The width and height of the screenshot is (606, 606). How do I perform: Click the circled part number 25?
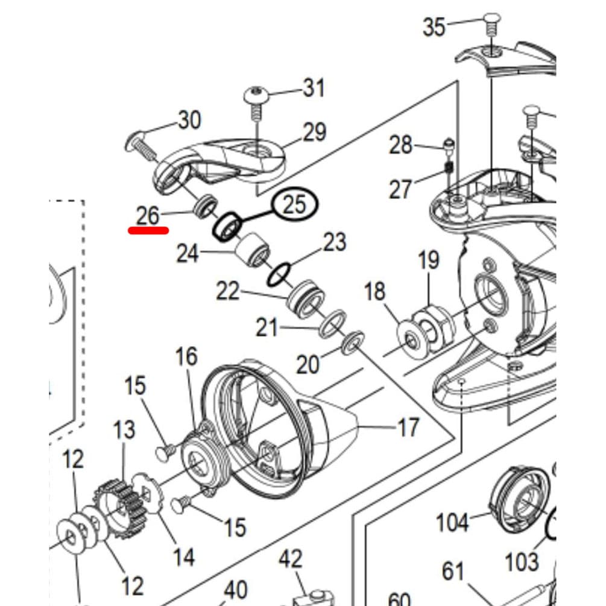(x=295, y=205)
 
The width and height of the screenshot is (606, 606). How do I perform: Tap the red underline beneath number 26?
(x=148, y=229)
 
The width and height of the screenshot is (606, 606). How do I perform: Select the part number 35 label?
(x=434, y=27)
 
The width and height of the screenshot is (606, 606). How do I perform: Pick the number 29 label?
(x=314, y=132)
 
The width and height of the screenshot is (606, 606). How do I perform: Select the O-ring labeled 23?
(x=277, y=275)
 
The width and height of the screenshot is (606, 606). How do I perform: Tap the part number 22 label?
(x=229, y=292)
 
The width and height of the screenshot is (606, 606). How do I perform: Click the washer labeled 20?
(x=351, y=342)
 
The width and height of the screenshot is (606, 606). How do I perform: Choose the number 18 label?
(x=374, y=291)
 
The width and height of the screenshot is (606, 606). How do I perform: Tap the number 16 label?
(x=186, y=356)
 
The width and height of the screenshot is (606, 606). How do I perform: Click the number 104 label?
(x=452, y=522)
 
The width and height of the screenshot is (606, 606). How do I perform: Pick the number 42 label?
(x=290, y=560)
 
